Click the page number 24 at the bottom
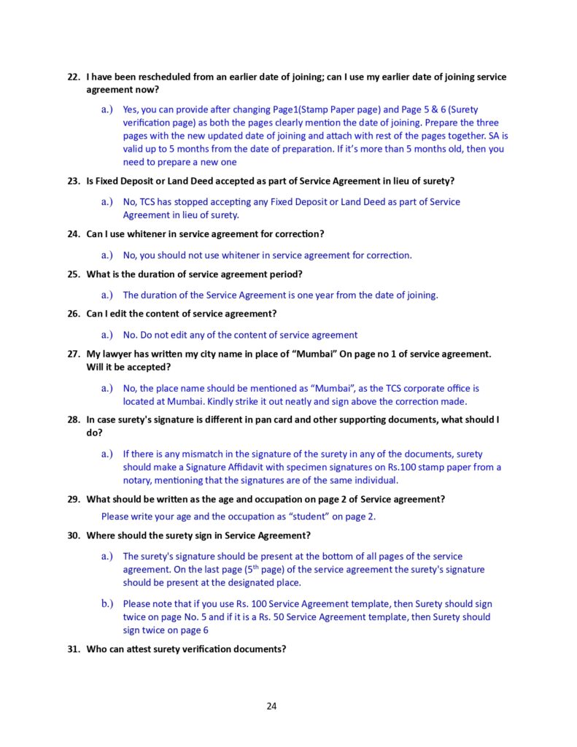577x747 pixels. pos(271,705)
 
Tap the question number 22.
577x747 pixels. pos(73,77)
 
